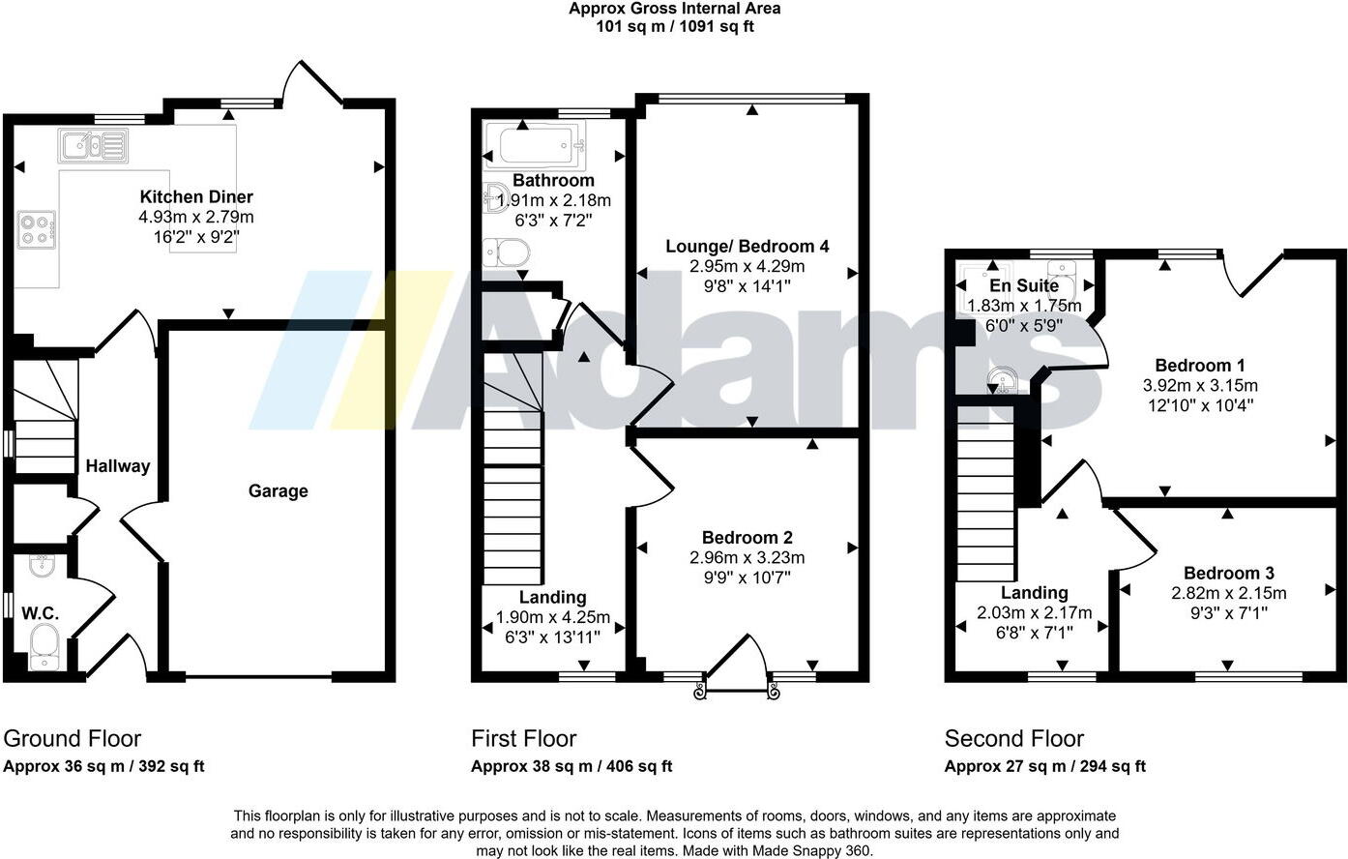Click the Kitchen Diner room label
(x=196, y=196)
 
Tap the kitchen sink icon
(x=94, y=146)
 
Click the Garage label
(x=278, y=491)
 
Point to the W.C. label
(x=41, y=613)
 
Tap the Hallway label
(x=118, y=466)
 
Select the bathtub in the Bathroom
(x=536, y=145)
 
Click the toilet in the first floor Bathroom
(x=508, y=253)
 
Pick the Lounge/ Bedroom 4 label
(x=747, y=247)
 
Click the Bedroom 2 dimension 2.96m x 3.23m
(x=747, y=558)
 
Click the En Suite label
(x=1024, y=286)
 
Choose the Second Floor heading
(x=1013, y=739)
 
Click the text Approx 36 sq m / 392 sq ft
(x=104, y=767)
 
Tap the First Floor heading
(x=523, y=739)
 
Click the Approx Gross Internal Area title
(x=674, y=9)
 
